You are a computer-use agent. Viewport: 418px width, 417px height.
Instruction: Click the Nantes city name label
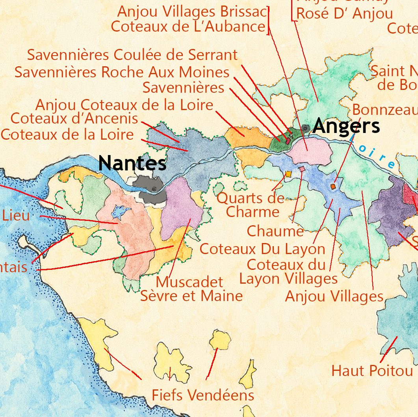[132, 163]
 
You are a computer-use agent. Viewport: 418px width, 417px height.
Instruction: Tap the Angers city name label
[347, 126]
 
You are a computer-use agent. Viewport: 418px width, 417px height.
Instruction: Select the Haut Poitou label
[372, 371]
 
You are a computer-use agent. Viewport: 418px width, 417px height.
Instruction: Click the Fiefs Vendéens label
[203, 395]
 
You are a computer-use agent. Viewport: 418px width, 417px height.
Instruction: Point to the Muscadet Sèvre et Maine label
[191, 289]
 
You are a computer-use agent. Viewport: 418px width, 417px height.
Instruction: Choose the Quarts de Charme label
[251, 205]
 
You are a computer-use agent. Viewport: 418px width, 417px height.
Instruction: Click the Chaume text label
[275, 231]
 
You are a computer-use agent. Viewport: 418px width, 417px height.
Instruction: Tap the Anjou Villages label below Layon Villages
[334, 296]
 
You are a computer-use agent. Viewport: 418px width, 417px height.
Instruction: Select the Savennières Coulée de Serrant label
[132, 55]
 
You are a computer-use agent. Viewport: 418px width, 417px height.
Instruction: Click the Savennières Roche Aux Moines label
[122, 72]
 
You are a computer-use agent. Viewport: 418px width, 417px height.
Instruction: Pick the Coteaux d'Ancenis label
[74, 118]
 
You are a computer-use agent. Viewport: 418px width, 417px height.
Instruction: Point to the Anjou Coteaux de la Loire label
[124, 105]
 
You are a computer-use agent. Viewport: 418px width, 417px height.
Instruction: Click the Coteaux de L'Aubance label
[188, 27]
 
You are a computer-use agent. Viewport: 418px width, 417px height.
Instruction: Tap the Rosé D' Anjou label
[344, 13]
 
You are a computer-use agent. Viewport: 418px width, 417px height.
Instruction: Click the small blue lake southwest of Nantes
[121, 212]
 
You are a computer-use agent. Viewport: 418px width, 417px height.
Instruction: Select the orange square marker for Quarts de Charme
[288, 174]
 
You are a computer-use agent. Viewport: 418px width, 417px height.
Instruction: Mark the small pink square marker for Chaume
[302, 169]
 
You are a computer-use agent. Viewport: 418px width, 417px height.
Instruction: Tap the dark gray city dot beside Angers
[306, 127]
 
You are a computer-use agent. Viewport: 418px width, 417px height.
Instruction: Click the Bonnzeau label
[385, 110]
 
